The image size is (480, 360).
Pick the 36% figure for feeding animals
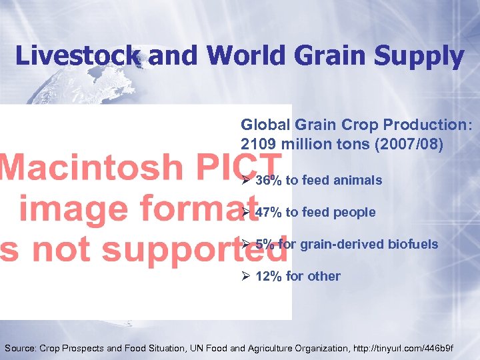pyautogui.click(x=269, y=180)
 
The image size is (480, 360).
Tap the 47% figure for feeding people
pyautogui.click(x=269, y=212)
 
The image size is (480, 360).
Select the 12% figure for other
pyautogui.click(x=269, y=276)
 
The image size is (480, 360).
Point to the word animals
pyautogui.click(x=359, y=180)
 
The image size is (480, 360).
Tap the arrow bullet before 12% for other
pyautogui.click(x=245, y=276)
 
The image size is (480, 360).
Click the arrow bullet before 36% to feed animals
pyautogui.click(x=245, y=180)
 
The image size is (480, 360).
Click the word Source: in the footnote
pyautogui.click(x=21, y=348)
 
